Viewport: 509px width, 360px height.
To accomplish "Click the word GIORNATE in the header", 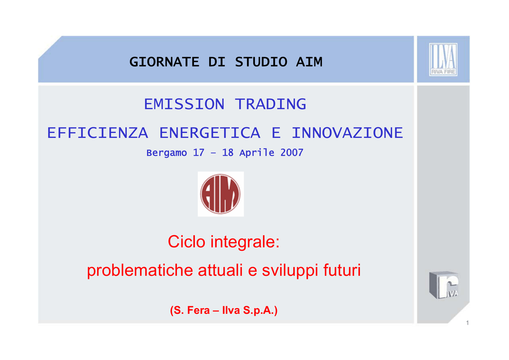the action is pyautogui.click(x=164, y=62).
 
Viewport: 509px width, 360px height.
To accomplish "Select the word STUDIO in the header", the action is pyautogui.click(x=261, y=62).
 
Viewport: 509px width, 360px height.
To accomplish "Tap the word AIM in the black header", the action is pyautogui.click(x=309, y=62).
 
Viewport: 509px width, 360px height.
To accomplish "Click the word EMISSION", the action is pyautogui.click(x=184, y=104).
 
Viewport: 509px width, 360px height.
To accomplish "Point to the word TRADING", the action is pyautogui.click(x=270, y=104).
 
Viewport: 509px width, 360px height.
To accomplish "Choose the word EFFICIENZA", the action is pyautogui.click(x=98, y=133).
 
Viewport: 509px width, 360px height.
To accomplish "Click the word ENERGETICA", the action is pyautogui.click(x=210, y=133).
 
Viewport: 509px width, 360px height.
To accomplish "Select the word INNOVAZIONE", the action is pyautogui.click(x=347, y=133).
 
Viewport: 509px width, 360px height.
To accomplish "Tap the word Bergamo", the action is pyautogui.click(x=167, y=153).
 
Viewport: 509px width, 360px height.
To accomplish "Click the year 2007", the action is pyautogui.click(x=292, y=153).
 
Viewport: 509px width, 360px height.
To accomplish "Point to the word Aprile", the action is pyautogui.click(x=257, y=153).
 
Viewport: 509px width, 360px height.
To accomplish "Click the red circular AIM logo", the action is pyautogui.click(x=220, y=194).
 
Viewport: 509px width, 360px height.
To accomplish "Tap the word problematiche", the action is pyautogui.click(x=140, y=270).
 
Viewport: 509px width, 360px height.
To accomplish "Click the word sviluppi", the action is pyautogui.click(x=290, y=270).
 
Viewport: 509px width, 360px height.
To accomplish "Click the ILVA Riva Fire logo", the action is pyautogui.click(x=443, y=59).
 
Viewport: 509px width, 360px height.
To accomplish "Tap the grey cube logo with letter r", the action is pyautogui.click(x=444, y=285).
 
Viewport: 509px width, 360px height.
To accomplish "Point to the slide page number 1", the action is pyautogui.click(x=467, y=323).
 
